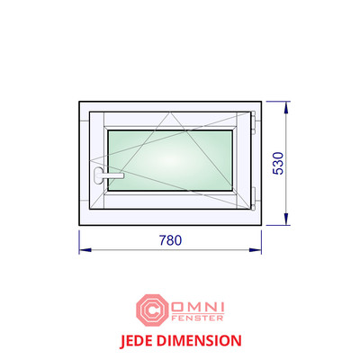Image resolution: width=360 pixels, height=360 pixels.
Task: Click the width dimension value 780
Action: click(170, 240)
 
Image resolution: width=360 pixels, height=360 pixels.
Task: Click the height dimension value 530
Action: click(278, 163)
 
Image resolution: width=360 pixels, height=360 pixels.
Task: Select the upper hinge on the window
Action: click(254, 122)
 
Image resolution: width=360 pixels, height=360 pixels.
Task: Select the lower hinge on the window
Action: click(254, 198)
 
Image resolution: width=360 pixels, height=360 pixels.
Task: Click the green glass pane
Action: click(170, 160)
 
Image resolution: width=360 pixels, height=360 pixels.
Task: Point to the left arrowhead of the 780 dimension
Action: click(85, 249)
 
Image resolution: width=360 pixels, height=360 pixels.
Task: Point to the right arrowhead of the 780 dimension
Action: click(256, 249)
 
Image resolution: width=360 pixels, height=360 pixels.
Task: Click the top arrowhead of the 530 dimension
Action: click(286, 107)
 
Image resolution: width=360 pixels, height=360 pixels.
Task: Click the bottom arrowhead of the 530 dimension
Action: click(286, 219)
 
